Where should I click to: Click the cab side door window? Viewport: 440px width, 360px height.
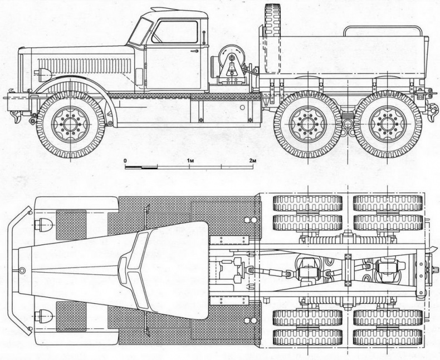174,32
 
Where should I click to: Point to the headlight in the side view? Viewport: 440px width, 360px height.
42,73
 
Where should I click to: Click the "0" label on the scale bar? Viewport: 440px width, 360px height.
126,160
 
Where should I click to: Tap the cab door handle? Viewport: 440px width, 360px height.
195,51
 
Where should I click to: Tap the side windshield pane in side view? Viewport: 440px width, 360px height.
140,33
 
